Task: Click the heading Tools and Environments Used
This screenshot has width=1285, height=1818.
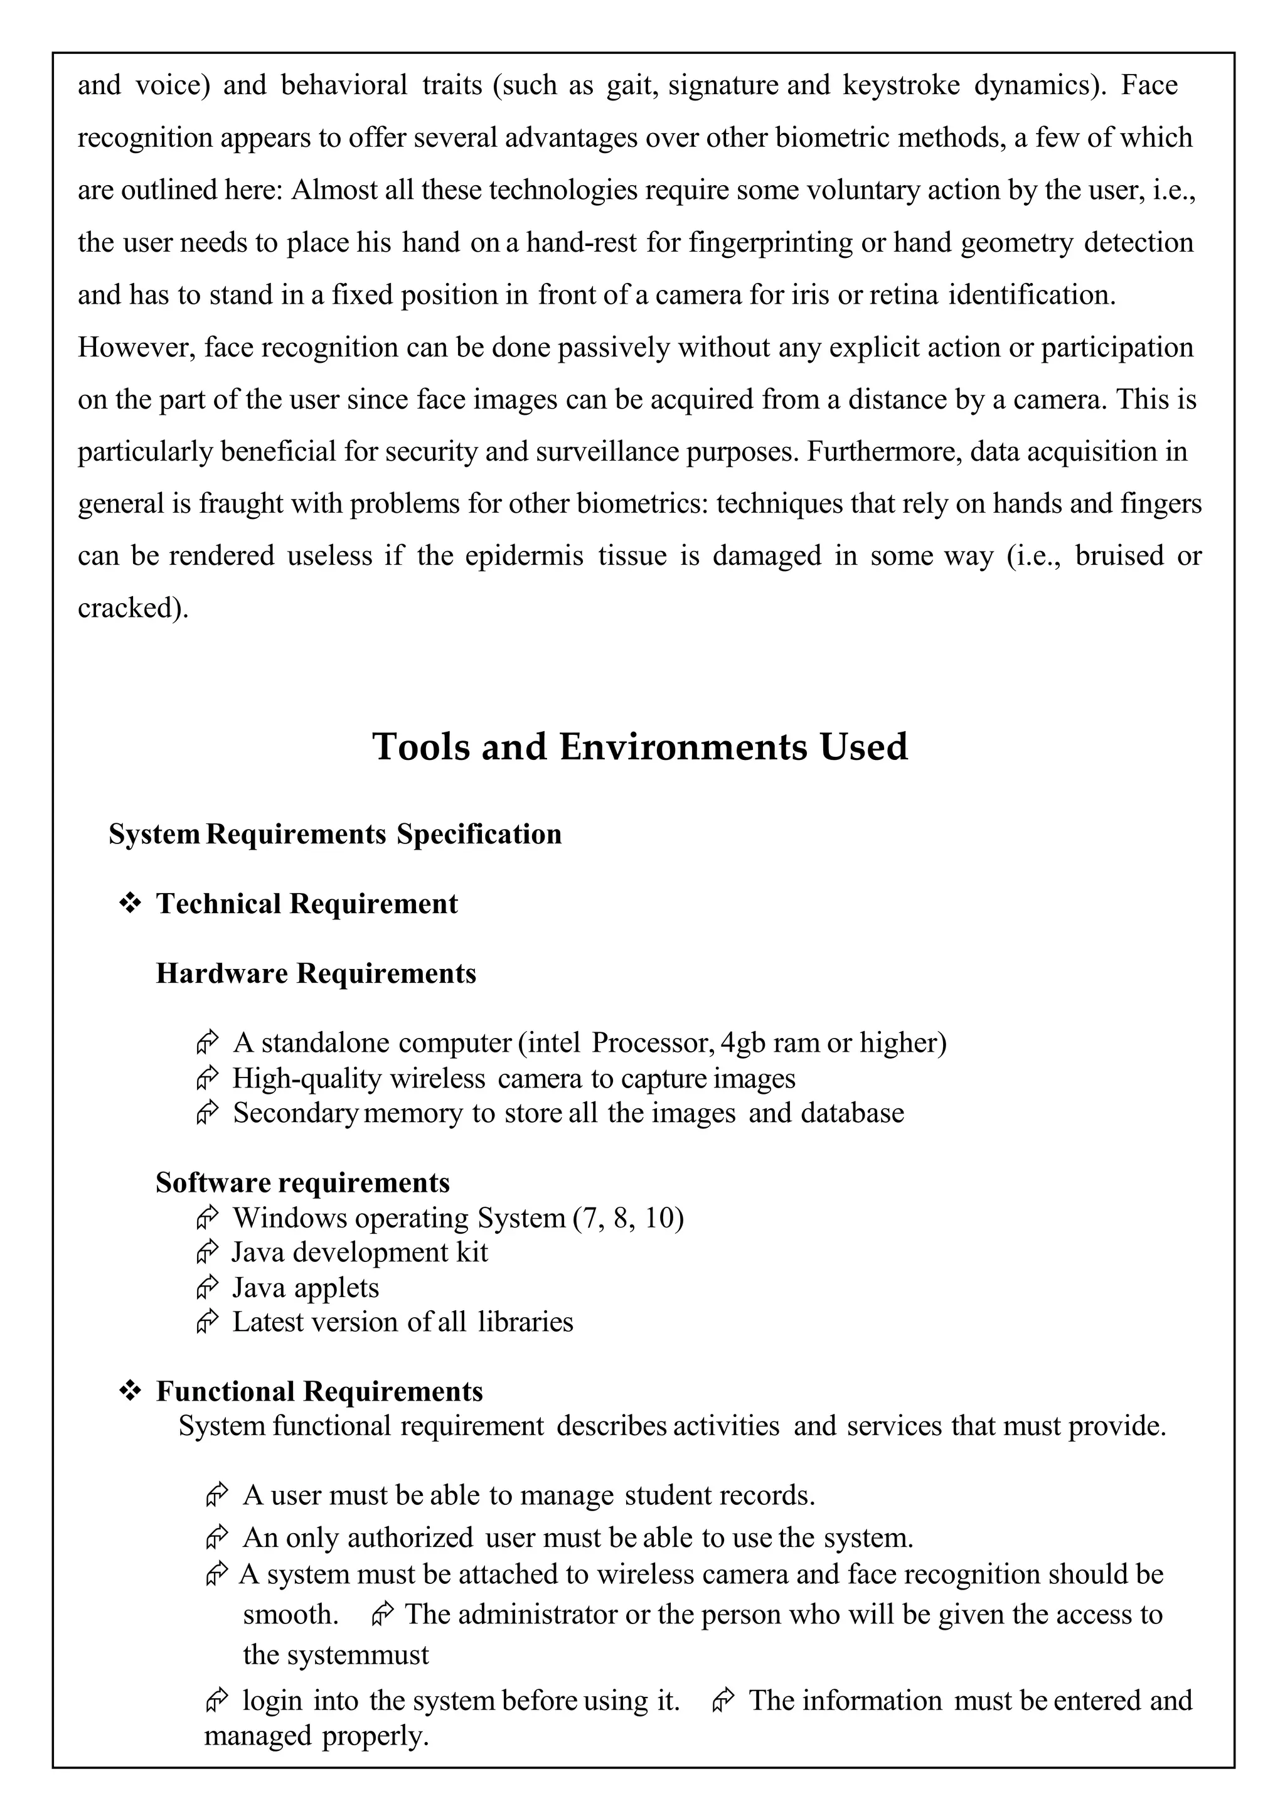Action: coord(640,747)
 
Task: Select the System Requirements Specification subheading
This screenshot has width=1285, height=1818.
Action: coord(335,834)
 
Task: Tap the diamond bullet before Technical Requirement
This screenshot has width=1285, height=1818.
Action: coord(129,902)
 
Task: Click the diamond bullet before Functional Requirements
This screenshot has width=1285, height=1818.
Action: coord(129,1391)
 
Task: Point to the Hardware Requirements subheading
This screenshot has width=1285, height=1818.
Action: coord(316,973)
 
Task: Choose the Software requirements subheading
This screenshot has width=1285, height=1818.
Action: coord(302,1182)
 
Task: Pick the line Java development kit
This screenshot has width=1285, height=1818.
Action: coord(360,1252)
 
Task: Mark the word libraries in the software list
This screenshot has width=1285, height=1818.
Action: coord(525,1322)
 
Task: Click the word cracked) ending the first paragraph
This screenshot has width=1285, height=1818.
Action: coord(133,607)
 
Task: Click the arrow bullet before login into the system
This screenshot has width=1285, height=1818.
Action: coord(216,1700)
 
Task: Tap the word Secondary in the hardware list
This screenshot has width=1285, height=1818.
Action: coord(296,1113)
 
